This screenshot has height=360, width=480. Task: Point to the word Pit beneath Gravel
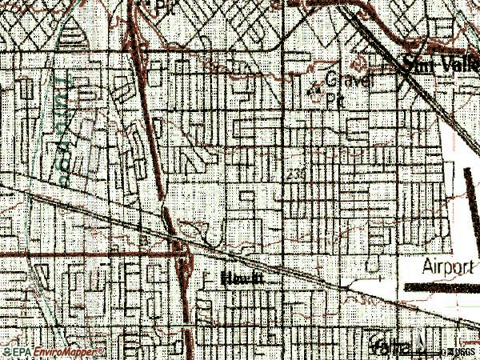[x=334, y=99]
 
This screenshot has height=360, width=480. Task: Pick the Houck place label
[x=242, y=278]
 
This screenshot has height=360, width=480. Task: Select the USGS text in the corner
[x=462, y=351]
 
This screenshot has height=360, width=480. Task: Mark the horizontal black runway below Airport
[x=440, y=286]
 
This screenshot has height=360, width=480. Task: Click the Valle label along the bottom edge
[x=389, y=346]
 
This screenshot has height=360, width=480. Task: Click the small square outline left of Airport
[x=370, y=266]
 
